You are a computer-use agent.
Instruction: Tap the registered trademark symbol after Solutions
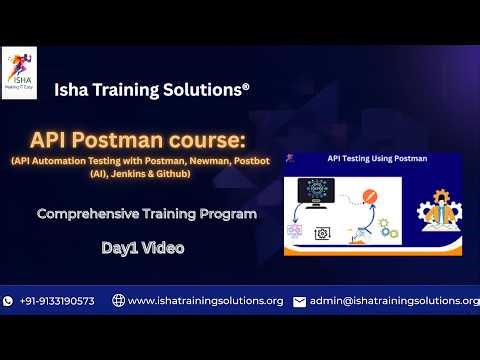coord(245,87)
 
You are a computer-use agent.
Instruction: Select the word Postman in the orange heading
coord(182,137)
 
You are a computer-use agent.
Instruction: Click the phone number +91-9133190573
coord(57,301)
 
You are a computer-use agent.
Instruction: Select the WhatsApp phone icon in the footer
coord(9,301)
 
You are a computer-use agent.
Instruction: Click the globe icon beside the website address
coord(118,301)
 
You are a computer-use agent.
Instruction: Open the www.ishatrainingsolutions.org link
coord(205,301)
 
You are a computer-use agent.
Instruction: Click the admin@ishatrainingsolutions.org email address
coord(394,301)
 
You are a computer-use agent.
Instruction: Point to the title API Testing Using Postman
coord(377,158)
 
